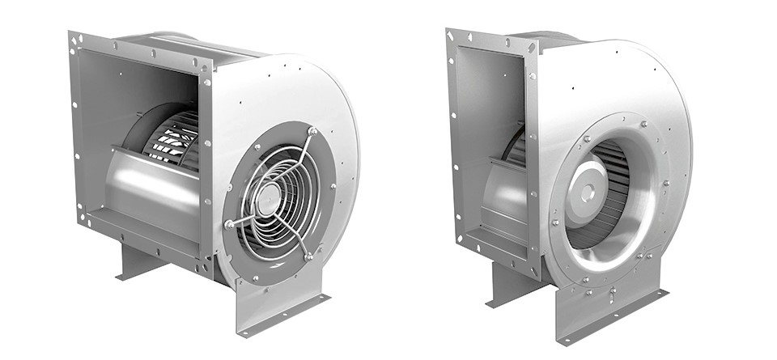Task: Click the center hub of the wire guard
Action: tap(270, 193)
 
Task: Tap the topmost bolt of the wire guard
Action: tap(311, 131)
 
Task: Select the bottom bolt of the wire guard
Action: tap(308, 256)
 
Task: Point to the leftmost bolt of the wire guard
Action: tap(230, 223)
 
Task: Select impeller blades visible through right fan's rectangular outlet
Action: tap(514, 150)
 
